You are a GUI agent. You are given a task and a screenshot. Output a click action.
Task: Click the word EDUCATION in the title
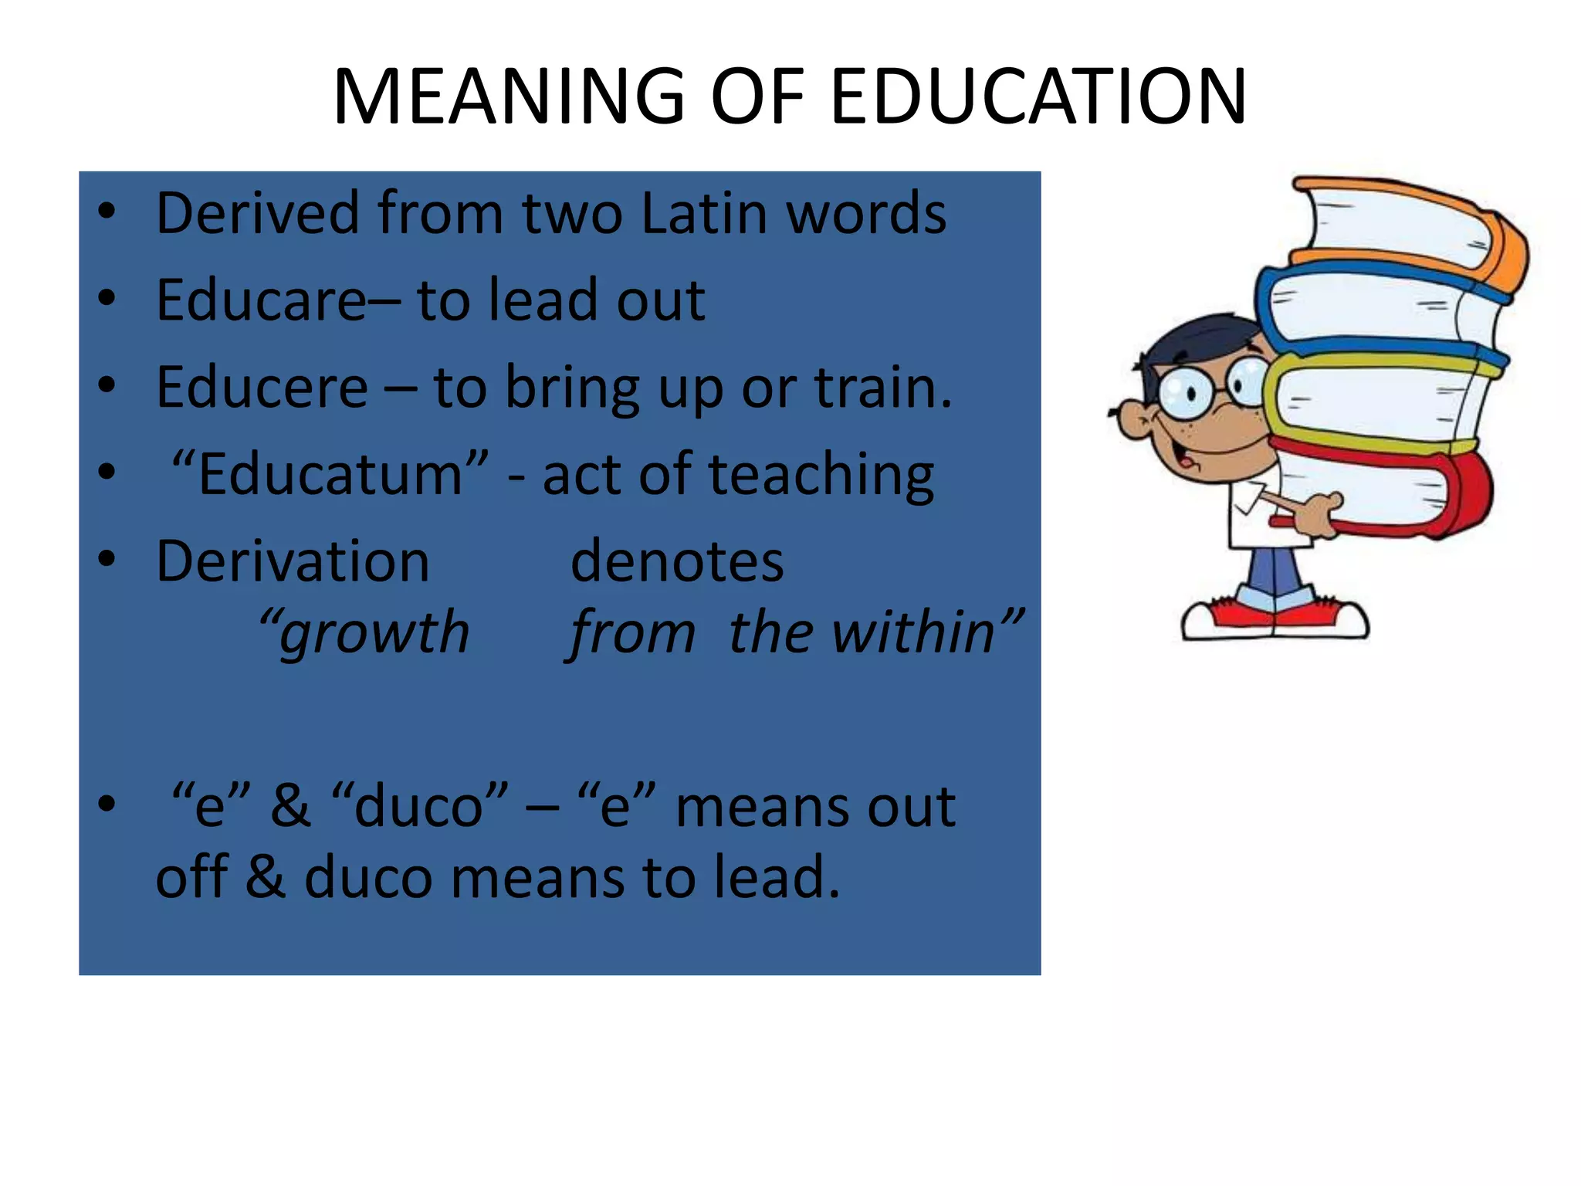click(x=1038, y=97)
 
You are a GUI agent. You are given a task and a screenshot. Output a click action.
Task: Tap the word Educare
click(x=261, y=300)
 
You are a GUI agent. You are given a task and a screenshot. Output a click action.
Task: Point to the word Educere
click(x=262, y=387)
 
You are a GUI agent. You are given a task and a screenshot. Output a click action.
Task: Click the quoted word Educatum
click(x=330, y=473)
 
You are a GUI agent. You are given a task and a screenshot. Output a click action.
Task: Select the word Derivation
click(x=293, y=561)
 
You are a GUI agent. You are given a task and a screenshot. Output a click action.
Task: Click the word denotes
click(x=677, y=561)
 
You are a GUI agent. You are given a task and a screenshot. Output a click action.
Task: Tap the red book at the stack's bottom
click(x=1390, y=494)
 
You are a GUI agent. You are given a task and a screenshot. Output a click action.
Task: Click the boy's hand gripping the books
click(x=1320, y=513)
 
